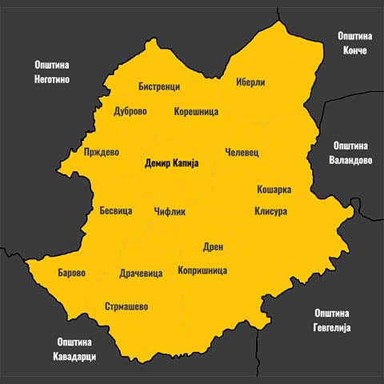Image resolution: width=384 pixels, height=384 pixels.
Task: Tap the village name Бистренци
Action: (158, 86)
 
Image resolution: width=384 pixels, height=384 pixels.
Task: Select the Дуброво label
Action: (130, 112)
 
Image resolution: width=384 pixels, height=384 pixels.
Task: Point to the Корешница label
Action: (196, 112)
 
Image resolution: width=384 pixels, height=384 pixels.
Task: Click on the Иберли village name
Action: (250, 82)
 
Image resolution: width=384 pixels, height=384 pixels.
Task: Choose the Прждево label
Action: (102, 152)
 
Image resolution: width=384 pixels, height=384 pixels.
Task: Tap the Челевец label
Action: (242, 152)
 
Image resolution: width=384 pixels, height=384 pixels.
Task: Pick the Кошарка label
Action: (274, 190)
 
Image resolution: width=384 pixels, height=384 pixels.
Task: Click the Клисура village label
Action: (270, 211)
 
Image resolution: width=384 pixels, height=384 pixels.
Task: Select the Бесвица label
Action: (115, 211)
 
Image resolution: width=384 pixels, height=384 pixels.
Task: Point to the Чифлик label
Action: (170, 212)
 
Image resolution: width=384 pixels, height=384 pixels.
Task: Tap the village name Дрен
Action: (214, 248)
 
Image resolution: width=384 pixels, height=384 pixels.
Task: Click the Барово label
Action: (72, 273)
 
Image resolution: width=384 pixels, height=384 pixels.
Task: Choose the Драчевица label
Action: (141, 274)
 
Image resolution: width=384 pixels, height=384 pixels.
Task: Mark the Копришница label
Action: (202, 270)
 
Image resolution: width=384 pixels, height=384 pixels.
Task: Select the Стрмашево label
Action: (126, 306)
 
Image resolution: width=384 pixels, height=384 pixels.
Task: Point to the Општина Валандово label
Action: (350, 153)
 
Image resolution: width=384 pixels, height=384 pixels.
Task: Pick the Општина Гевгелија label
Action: (334, 320)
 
